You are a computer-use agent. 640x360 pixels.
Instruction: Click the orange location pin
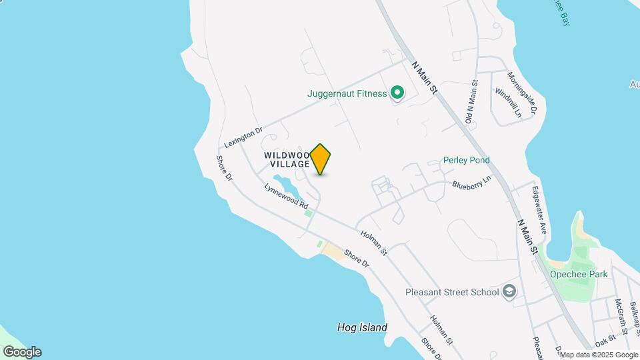tap(321, 159)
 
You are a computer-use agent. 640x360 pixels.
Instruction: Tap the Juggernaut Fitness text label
tap(347, 93)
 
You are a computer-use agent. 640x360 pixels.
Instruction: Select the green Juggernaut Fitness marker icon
tap(397, 93)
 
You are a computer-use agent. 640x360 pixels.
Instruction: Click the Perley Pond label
tap(467, 160)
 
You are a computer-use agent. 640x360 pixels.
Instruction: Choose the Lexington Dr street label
tap(244, 137)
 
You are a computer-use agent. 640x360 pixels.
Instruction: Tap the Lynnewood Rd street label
tap(286, 195)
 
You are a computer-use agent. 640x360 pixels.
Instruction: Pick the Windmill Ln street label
tap(508, 103)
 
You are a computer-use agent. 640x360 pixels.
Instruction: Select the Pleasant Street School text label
tap(452, 292)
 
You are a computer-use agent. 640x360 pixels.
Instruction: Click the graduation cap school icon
tap(510, 291)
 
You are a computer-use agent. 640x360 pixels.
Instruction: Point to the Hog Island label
tap(362, 327)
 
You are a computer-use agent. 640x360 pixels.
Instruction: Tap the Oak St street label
tap(605, 341)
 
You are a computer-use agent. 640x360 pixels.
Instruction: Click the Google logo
tap(21, 352)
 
